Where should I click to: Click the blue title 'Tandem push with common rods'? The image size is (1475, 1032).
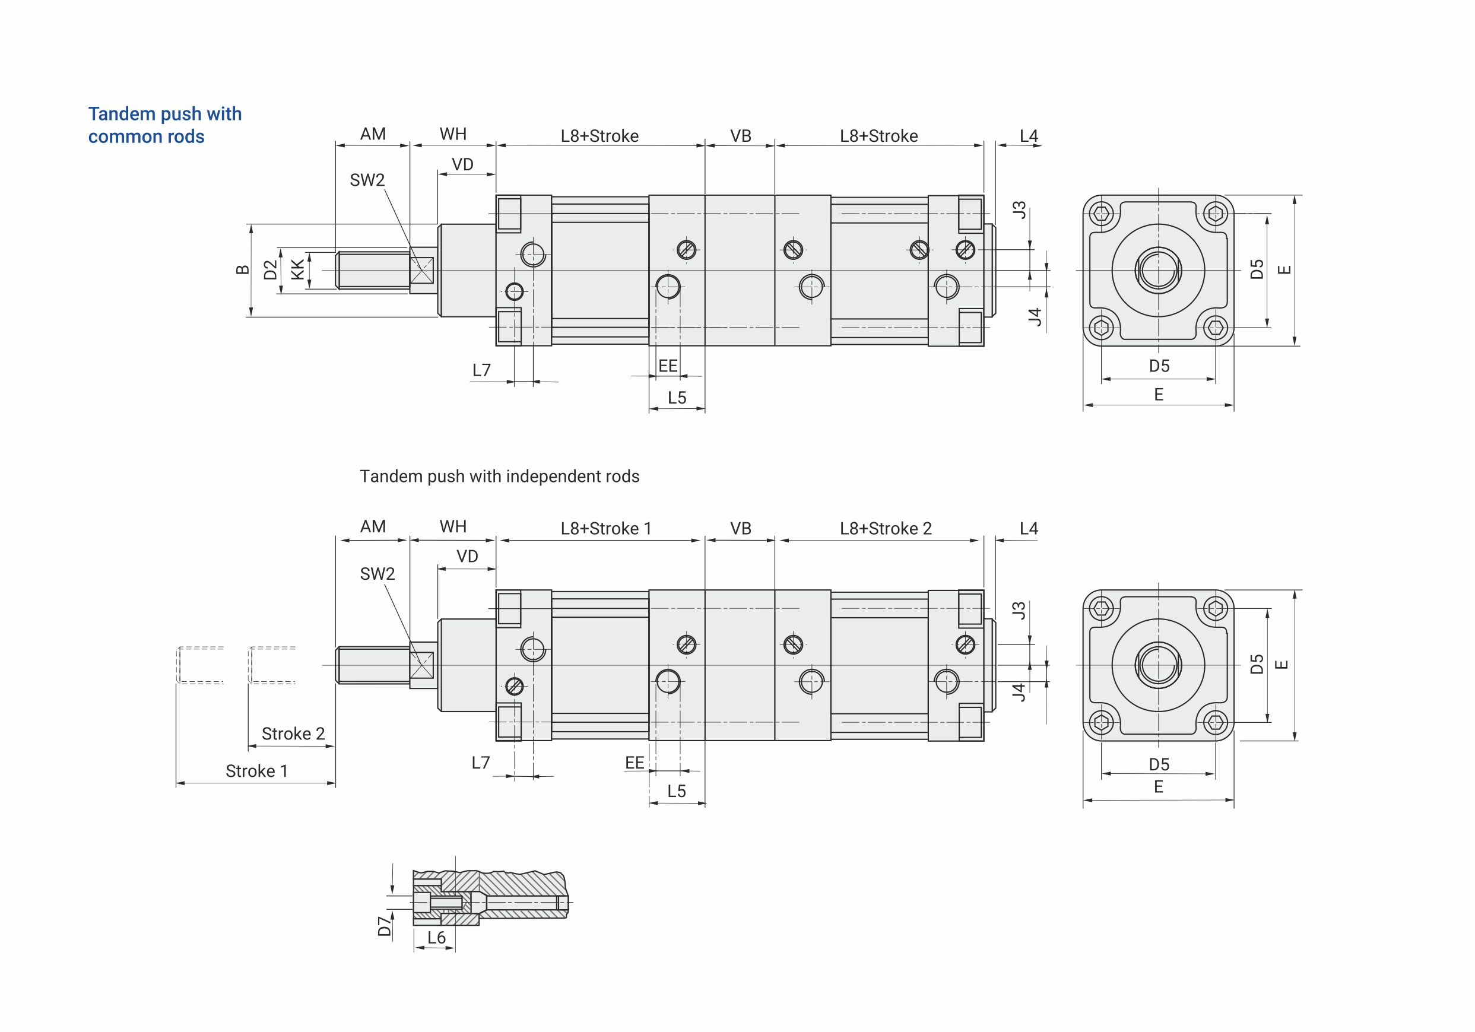tap(164, 125)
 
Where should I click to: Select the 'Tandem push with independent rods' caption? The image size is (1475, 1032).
tap(499, 477)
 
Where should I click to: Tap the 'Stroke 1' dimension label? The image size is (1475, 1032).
tap(256, 771)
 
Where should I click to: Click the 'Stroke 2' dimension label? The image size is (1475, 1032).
tap(293, 733)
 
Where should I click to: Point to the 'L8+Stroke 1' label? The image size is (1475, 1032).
tap(606, 529)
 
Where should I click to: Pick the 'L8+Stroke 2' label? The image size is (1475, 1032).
tap(885, 529)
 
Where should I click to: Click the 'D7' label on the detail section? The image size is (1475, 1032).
tap(384, 926)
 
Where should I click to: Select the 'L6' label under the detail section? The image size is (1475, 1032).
tap(436, 938)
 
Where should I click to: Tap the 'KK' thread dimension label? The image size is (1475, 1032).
tap(297, 269)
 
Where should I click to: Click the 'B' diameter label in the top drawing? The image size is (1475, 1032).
tap(242, 269)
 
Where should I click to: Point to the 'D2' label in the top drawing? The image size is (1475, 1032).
tap(271, 269)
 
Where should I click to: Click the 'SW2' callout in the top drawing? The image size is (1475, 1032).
tap(367, 180)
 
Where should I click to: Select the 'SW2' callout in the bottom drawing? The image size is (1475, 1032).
tap(377, 573)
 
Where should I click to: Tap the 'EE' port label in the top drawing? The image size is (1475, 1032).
tap(668, 366)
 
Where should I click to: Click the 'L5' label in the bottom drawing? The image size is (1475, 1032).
tap(677, 790)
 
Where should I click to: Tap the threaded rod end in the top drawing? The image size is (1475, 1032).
tap(373, 271)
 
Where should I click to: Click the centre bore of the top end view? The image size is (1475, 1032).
tap(1157, 271)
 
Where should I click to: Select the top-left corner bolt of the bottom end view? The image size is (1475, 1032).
tap(1102, 608)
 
